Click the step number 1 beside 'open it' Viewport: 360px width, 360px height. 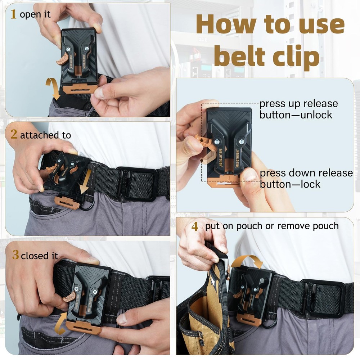point(14,15)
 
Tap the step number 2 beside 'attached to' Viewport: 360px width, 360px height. point(14,135)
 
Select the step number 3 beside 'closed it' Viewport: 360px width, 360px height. point(15,256)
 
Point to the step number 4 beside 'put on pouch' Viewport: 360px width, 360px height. point(195,227)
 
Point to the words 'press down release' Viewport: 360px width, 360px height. point(306,173)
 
